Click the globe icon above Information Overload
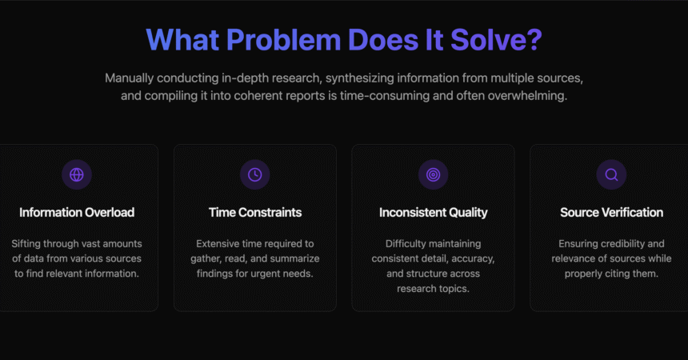77,174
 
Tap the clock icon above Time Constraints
255,174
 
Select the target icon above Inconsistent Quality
433,174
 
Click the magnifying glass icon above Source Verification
611,174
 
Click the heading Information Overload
77,213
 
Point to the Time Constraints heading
255,213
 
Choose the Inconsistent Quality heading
433,213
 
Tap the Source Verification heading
611,213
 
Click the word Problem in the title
283,40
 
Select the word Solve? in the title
496,40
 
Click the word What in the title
182,40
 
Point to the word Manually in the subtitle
129,78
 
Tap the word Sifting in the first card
26,244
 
